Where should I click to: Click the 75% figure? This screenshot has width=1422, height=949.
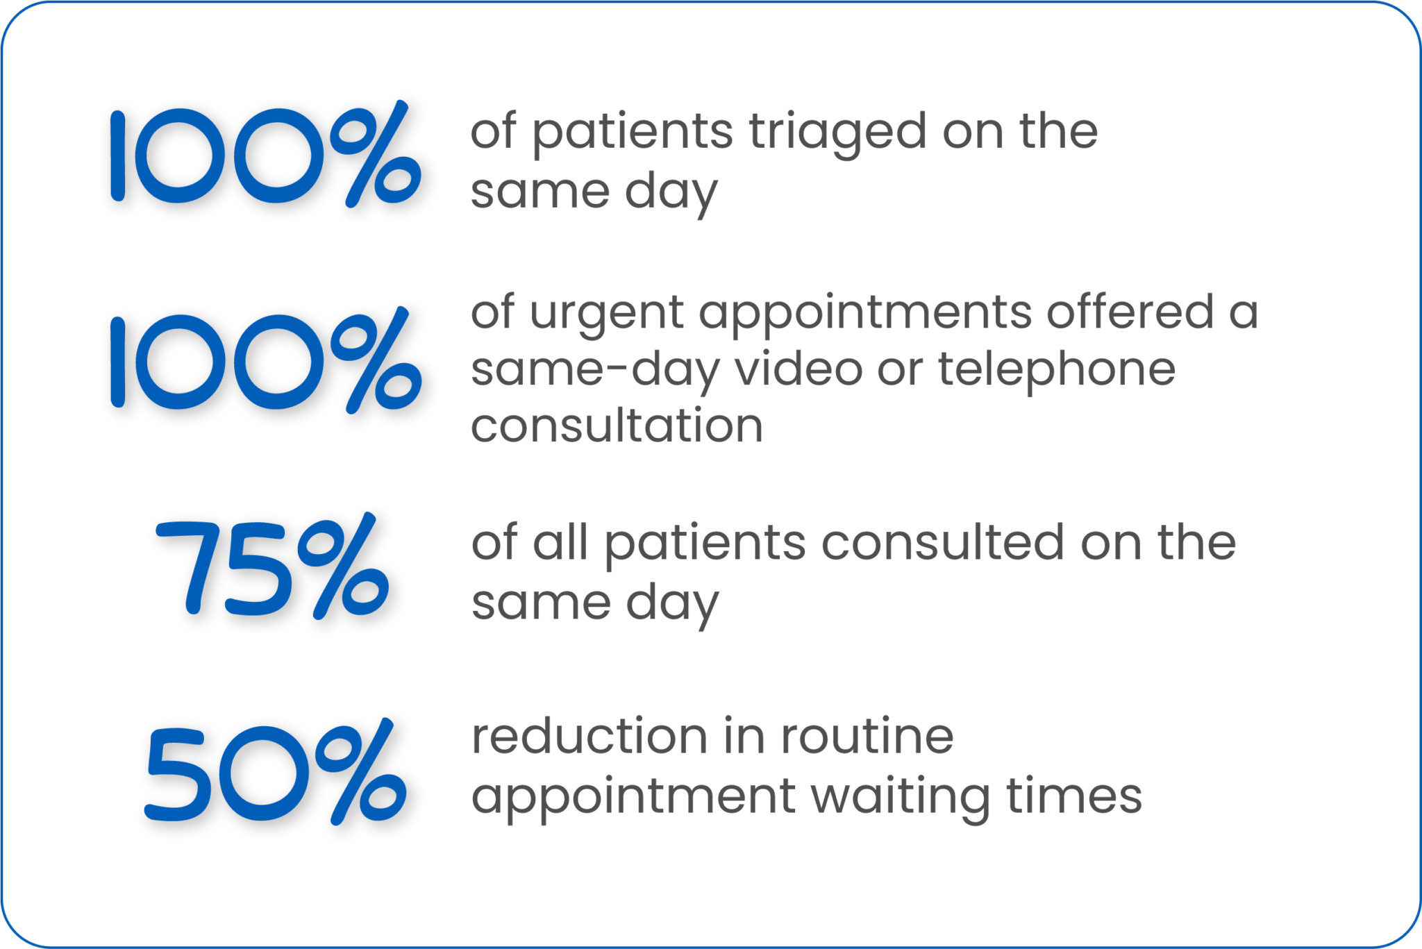272,565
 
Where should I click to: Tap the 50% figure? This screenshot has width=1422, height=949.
276,771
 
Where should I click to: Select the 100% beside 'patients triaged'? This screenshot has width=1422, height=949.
265,153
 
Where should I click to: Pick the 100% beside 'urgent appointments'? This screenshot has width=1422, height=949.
265,360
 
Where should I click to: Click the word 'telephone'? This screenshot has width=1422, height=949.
1057,372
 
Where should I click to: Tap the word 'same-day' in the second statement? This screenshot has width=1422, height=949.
595,372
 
